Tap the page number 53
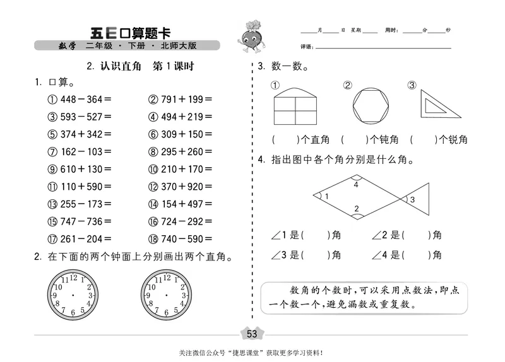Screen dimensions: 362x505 coord(252,334)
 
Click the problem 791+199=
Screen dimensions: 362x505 coord(181,99)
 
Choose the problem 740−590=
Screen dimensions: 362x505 coord(181,239)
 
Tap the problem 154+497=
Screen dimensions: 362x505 coord(181,204)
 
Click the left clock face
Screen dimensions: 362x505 coord(73,295)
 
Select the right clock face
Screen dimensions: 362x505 coord(166,295)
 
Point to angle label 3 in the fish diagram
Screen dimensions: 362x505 coord(412,200)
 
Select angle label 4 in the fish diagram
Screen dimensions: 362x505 coord(356,185)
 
